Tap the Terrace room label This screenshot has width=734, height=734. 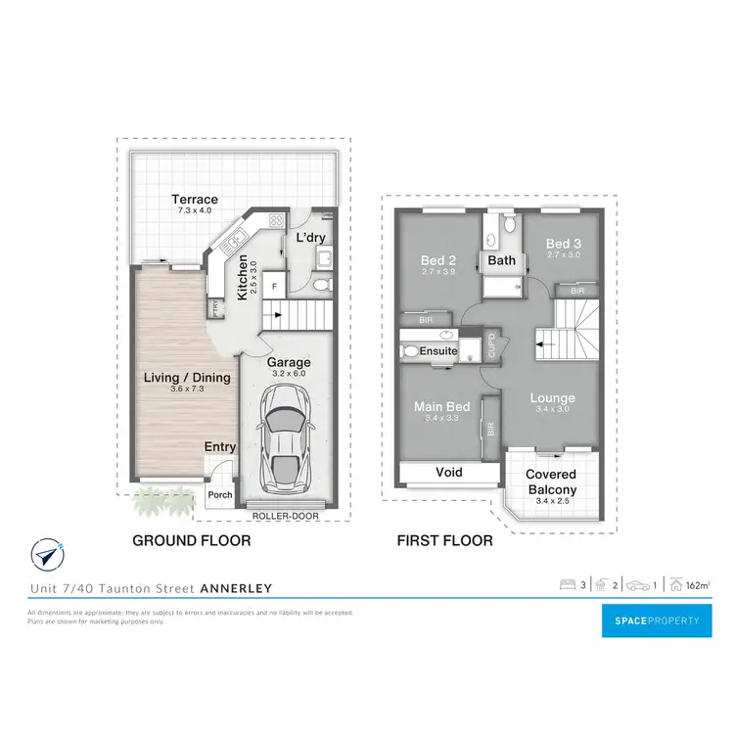tap(196, 200)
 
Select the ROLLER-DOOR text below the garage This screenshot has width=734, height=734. tap(283, 515)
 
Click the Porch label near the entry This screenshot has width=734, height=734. tap(220, 494)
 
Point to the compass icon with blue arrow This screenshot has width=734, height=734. tap(46, 554)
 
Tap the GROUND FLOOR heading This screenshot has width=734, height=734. tap(191, 540)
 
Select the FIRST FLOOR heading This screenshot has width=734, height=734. tap(443, 540)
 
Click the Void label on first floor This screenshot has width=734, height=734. tap(448, 473)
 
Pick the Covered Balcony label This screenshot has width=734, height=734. tap(552, 482)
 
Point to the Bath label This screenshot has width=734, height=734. tap(501, 261)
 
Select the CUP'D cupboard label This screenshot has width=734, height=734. tap(492, 347)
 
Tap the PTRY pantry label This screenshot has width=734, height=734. tap(214, 308)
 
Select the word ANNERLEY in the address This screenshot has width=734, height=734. tap(236, 588)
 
